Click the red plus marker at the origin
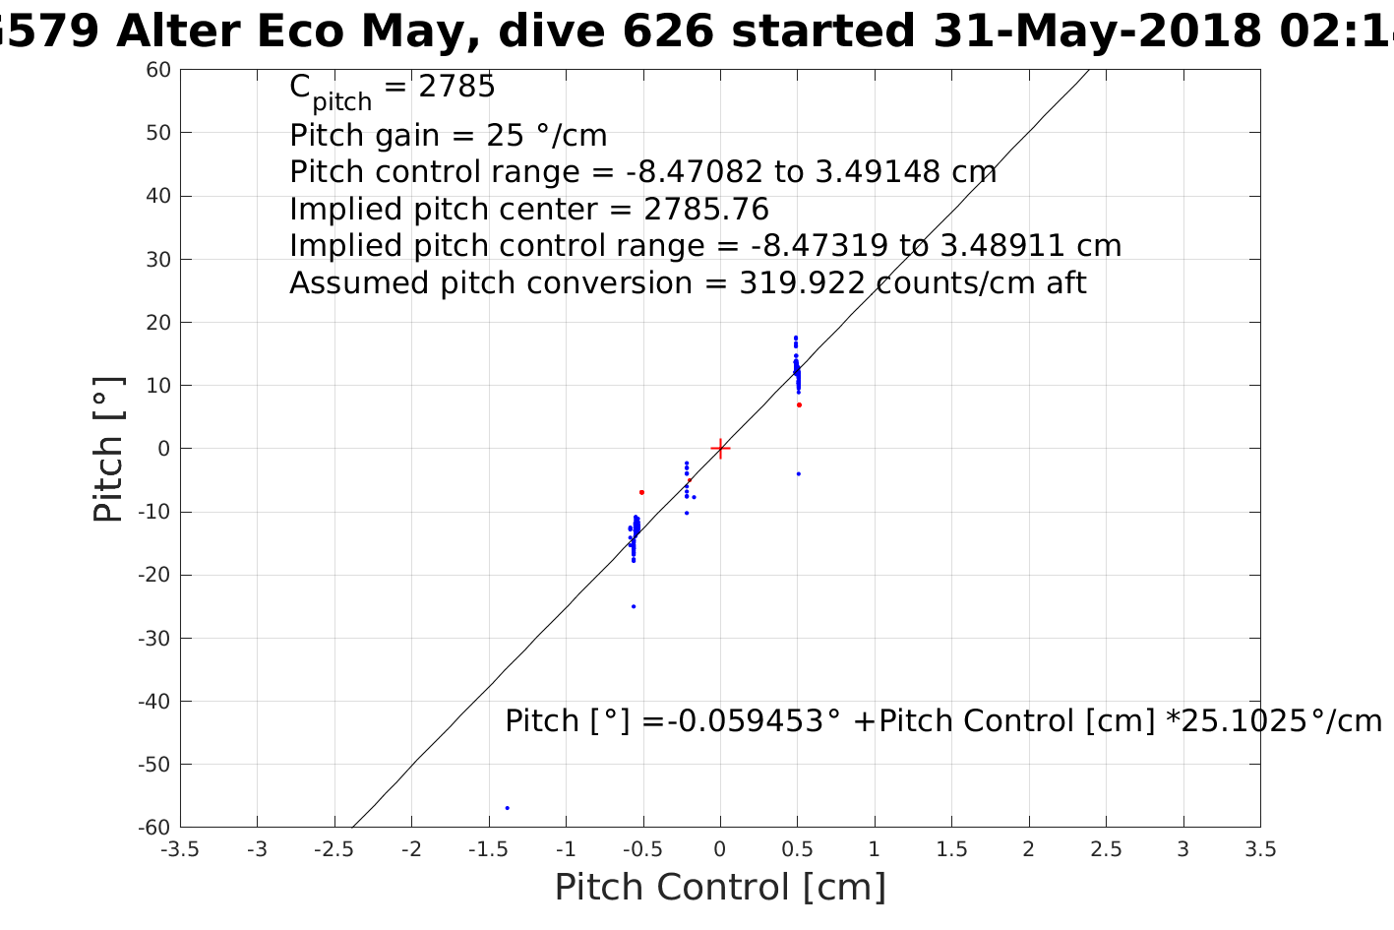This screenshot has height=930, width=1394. (720, 449)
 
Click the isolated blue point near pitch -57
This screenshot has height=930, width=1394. (507, 808)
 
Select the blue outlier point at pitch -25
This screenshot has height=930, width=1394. (634, 606)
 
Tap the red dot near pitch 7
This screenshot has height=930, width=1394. (799, 404)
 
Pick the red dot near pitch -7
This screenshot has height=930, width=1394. (641, 492)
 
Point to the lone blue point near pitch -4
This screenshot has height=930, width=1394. (798, 473)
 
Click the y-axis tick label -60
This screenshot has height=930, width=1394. (153, 828)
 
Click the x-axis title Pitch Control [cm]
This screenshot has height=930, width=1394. (720, 888)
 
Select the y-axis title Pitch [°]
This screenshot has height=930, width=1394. (108, 449)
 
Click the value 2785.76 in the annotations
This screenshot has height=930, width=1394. (706, 210)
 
